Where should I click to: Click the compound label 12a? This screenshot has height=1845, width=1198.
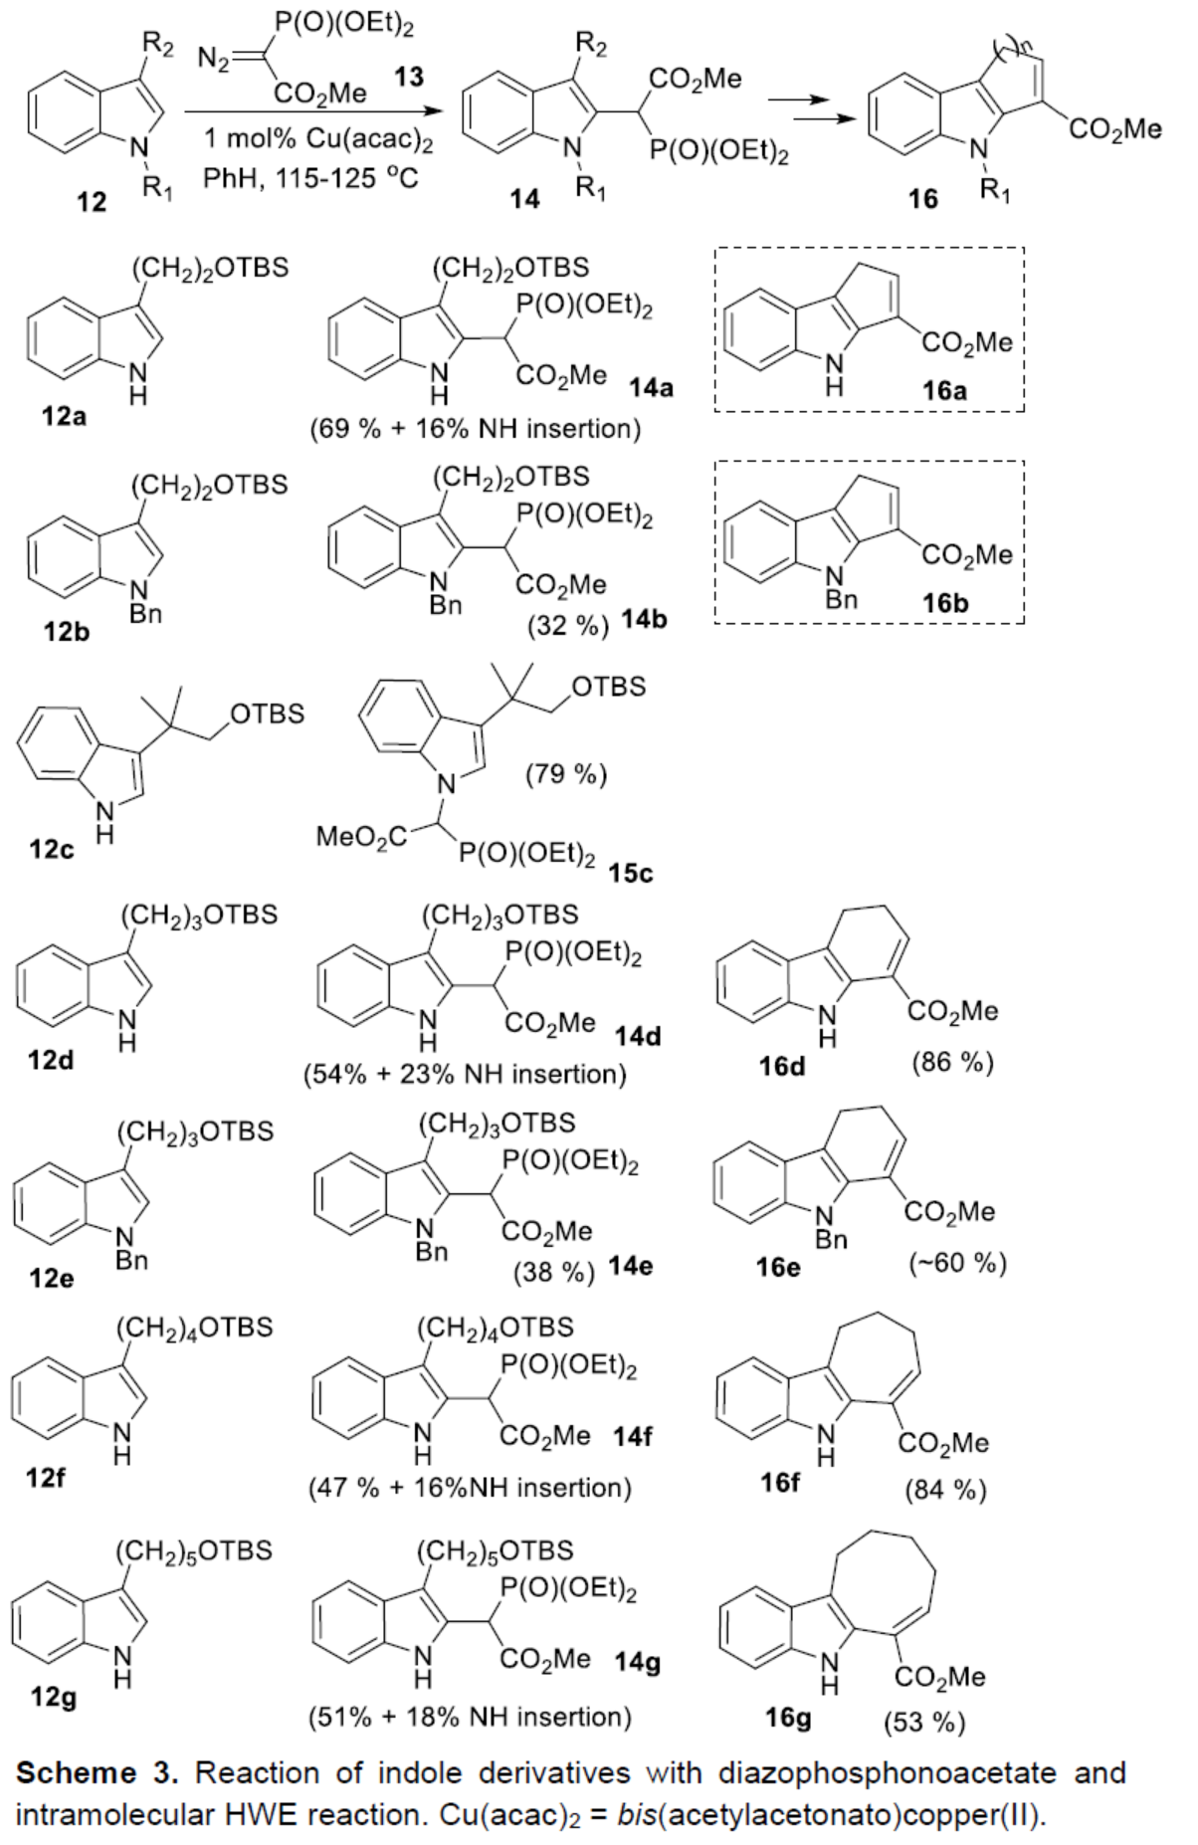pos(64,416)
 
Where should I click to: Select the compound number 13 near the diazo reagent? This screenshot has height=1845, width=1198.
pos(408,76)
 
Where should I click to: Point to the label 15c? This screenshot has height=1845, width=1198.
pos(632,873)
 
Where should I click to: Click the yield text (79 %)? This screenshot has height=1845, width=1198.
pos(565,773)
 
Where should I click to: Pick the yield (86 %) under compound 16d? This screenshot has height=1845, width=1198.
pos(952,1062)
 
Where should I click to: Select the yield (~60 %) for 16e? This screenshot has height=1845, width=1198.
pos(957,1263)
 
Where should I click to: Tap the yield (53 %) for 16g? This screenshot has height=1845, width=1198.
pos(924,1722)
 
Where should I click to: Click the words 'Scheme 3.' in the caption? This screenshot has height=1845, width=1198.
pos(99,1772)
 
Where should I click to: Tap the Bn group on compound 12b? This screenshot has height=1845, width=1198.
pos(145,614)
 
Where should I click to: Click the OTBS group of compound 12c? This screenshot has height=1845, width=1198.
pos(267,715)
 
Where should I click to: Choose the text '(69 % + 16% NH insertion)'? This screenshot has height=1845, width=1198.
pos(474,429)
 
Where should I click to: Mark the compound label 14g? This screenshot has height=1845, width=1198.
pos(638,1662)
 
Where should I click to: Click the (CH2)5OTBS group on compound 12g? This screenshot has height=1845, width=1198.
pos(193,1550)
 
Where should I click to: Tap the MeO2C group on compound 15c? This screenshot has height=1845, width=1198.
pos(361,837)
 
